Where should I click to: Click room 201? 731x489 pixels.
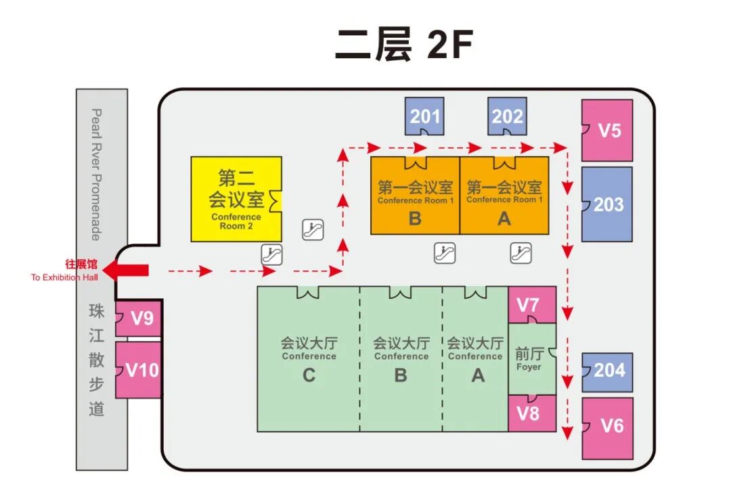pos(424,116)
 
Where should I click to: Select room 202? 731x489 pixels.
pos(508,116)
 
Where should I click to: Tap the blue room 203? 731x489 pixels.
pos(608,204)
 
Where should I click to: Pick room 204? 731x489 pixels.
pos(608,371)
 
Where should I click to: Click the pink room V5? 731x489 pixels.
pos(608,130)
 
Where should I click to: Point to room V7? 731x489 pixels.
pos(532,304)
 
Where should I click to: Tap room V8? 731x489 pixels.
pos(532,413)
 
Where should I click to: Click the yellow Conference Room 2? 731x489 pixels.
pos(236,199)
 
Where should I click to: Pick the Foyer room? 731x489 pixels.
pos(530,358)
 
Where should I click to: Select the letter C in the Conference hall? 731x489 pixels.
pos(309,375)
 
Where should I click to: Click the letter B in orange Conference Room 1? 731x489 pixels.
pos(415,218)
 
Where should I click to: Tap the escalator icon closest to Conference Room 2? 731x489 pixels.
pos(313,230)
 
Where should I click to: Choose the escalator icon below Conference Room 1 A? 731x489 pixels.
pos(520,254)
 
